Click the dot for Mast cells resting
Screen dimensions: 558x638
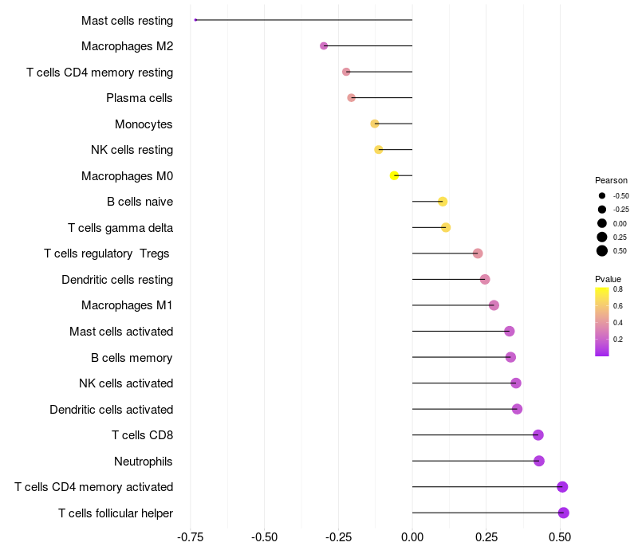coord(195,20)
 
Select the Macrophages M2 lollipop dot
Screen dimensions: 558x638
coord(324,46)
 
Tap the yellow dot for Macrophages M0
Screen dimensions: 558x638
coord(394,175)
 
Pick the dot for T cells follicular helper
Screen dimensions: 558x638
coord(564,513)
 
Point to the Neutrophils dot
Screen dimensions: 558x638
coord(539,461)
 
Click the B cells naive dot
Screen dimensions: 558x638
coord(443,202)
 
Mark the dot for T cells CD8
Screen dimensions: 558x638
coord(538,435)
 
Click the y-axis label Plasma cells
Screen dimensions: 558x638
coord(140,98)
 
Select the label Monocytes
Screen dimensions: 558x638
coord(144,124)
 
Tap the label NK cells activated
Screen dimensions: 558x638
coord(126,383)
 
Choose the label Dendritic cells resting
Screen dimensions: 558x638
coord(117,280)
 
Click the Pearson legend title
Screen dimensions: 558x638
coord(611,180)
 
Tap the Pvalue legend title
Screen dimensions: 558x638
coord(608,278)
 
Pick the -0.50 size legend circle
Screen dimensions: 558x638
coord(602,195)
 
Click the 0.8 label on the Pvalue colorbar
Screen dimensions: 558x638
coord(618,289)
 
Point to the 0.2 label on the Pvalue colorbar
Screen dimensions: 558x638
coord(618,339)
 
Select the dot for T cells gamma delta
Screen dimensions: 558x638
coord(446,228)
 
